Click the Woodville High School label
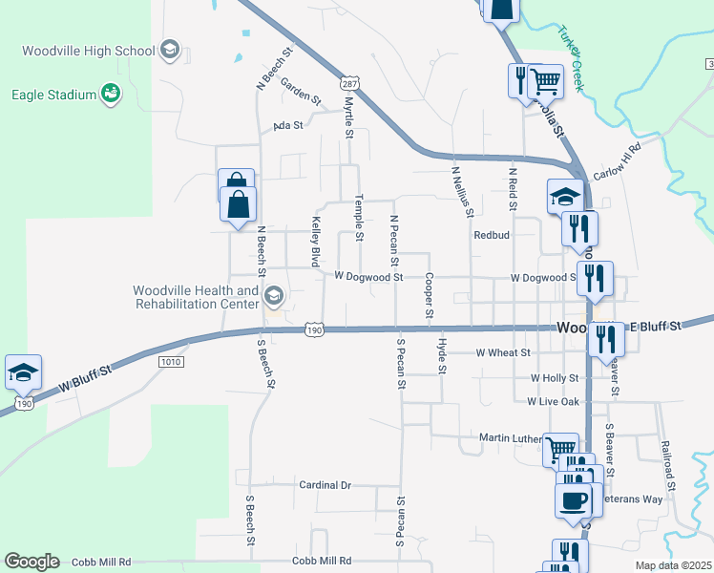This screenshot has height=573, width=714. (87, 51)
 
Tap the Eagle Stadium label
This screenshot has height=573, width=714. (53, 94)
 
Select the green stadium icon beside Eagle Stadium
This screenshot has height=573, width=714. (111, 93)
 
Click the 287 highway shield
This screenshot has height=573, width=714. (350, 84)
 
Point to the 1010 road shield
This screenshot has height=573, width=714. (171, 361)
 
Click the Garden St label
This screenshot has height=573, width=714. (301, 95)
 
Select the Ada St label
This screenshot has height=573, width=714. (287, 125)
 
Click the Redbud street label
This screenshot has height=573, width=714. (493, 235)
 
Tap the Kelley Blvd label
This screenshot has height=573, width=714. (314, 241)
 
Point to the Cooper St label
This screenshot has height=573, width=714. (430, 296)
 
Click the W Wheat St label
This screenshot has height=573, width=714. (502, 352)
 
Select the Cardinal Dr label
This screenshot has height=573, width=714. (325, 485)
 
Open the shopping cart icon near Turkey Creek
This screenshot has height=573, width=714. (545, 81)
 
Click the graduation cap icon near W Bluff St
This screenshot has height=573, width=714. (23, 373)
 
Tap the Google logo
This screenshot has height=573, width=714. (31, 562)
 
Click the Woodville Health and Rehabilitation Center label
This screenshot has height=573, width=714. (196, 297)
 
